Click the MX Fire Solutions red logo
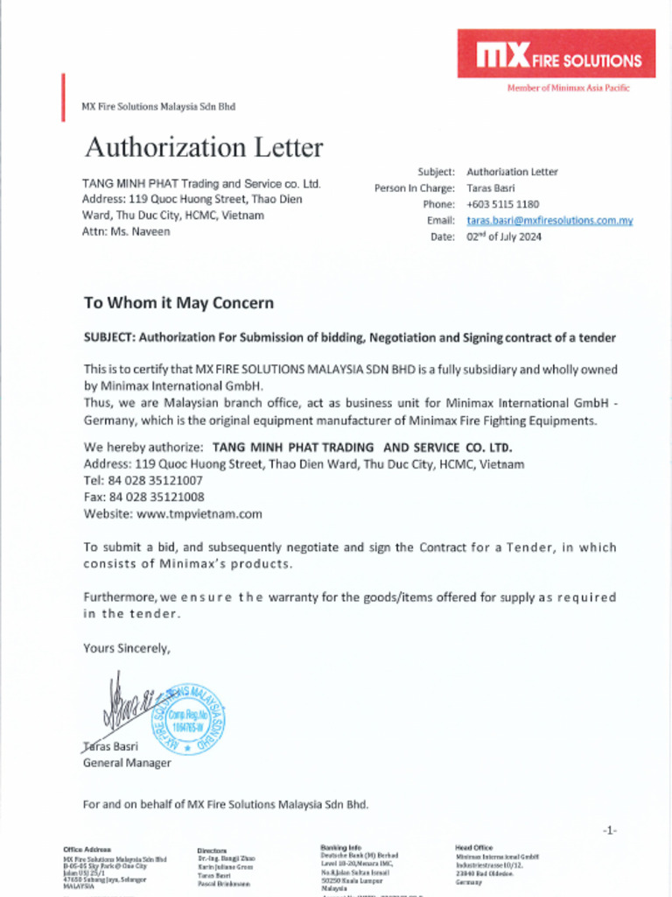click(556, 54)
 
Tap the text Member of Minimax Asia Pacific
click(568, 88)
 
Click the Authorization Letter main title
click(203, 147)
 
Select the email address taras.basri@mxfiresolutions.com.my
click(549, 221)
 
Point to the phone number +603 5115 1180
click(502, 204)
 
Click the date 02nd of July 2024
click(504, 237)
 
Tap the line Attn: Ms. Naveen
click(126, 231)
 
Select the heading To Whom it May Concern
click(178, 303)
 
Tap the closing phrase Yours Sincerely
click(127, 648)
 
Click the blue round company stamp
click(188, 720)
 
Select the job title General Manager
click(127, 763)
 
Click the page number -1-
click(609, 830)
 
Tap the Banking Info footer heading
click(340, 848)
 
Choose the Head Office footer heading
click(473, 848)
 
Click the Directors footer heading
click(212, 851)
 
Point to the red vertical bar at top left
click(63, 97)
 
